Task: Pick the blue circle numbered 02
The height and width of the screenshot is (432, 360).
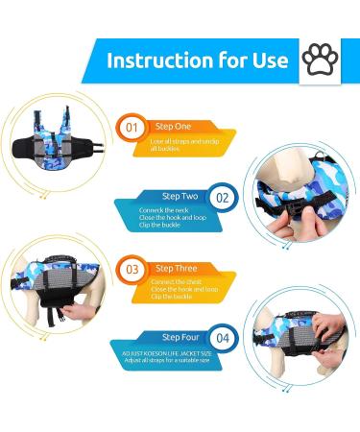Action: tap(222, 198)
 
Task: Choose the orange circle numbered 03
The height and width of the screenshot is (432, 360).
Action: tap(132, 270)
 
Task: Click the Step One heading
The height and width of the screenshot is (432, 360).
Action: tap(174, 125)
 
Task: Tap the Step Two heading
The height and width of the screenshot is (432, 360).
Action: tap(180, 195)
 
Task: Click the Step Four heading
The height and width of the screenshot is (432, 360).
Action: tap(180, 337)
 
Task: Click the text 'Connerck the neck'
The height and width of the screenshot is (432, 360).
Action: tap(166, 207)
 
